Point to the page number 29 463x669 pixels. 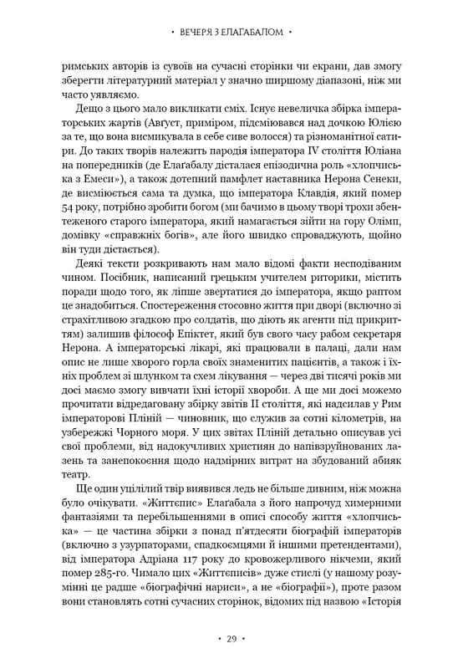(x=231, y=640)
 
